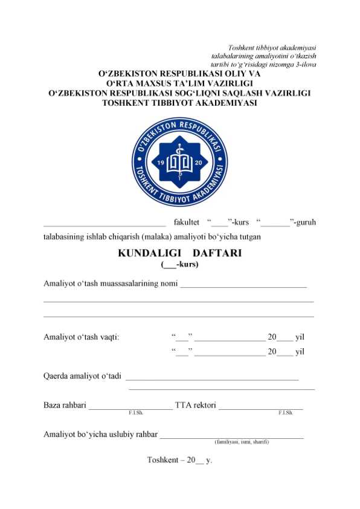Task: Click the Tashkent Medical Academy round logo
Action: click(179, 161)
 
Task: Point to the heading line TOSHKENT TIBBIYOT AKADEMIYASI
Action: click(179, 103)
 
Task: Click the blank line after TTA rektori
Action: click(260, 407)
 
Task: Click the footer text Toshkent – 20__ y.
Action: click(179, 460)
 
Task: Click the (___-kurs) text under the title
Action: click(179, 264)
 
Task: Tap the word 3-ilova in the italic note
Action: click(304, 64)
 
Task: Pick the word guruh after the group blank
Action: click(304, 222)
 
